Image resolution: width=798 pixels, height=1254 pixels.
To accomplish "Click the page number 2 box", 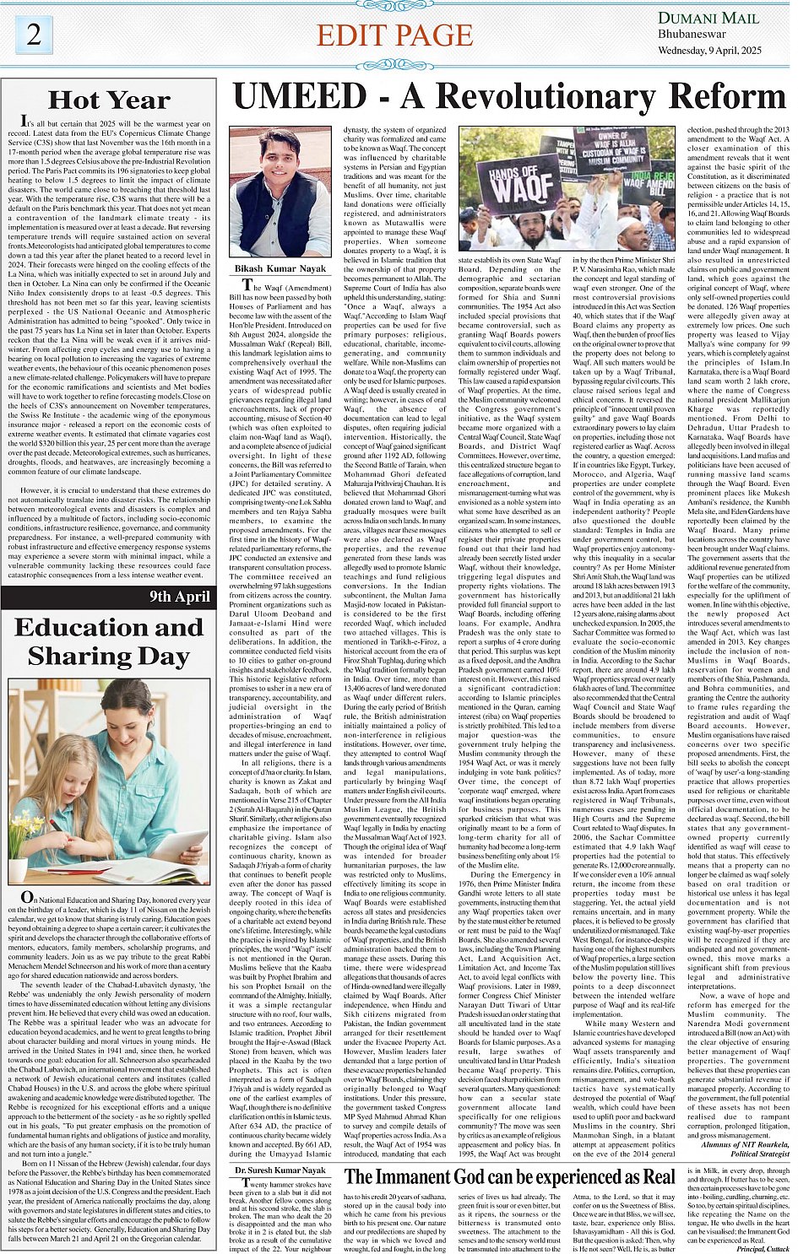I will pos(35,35).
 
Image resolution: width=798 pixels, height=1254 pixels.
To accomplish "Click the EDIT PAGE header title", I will pos(394,35).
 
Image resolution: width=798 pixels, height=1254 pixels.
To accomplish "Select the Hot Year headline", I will pos(109,100).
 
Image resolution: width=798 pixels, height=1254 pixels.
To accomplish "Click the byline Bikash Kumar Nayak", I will pos(280,268).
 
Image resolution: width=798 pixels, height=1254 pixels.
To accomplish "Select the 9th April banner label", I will pos(179,597).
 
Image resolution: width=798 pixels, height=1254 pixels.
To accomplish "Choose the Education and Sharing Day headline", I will pos(109,642).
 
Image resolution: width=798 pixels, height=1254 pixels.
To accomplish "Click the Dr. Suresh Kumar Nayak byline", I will pos(280,1170).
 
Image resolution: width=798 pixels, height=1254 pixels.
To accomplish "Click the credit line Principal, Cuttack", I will pos(762,1248).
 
